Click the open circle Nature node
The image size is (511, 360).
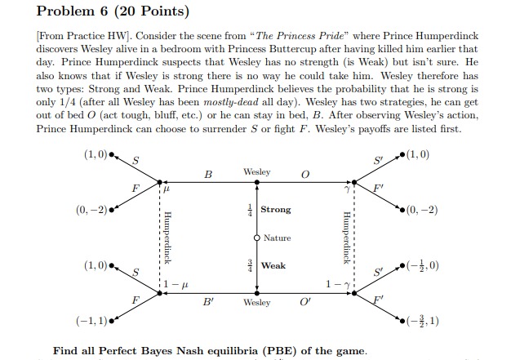click(x=257, y=238)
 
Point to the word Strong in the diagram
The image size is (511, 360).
click(x=275, y=210)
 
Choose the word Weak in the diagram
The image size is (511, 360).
click(x=273, y=266)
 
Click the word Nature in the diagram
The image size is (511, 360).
click(x=277, y=238)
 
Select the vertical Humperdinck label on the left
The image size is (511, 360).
click(x=167, y=237)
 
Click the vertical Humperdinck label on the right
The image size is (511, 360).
click(x=347, y=237)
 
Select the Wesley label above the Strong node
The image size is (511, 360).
click(x=256, y=173)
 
